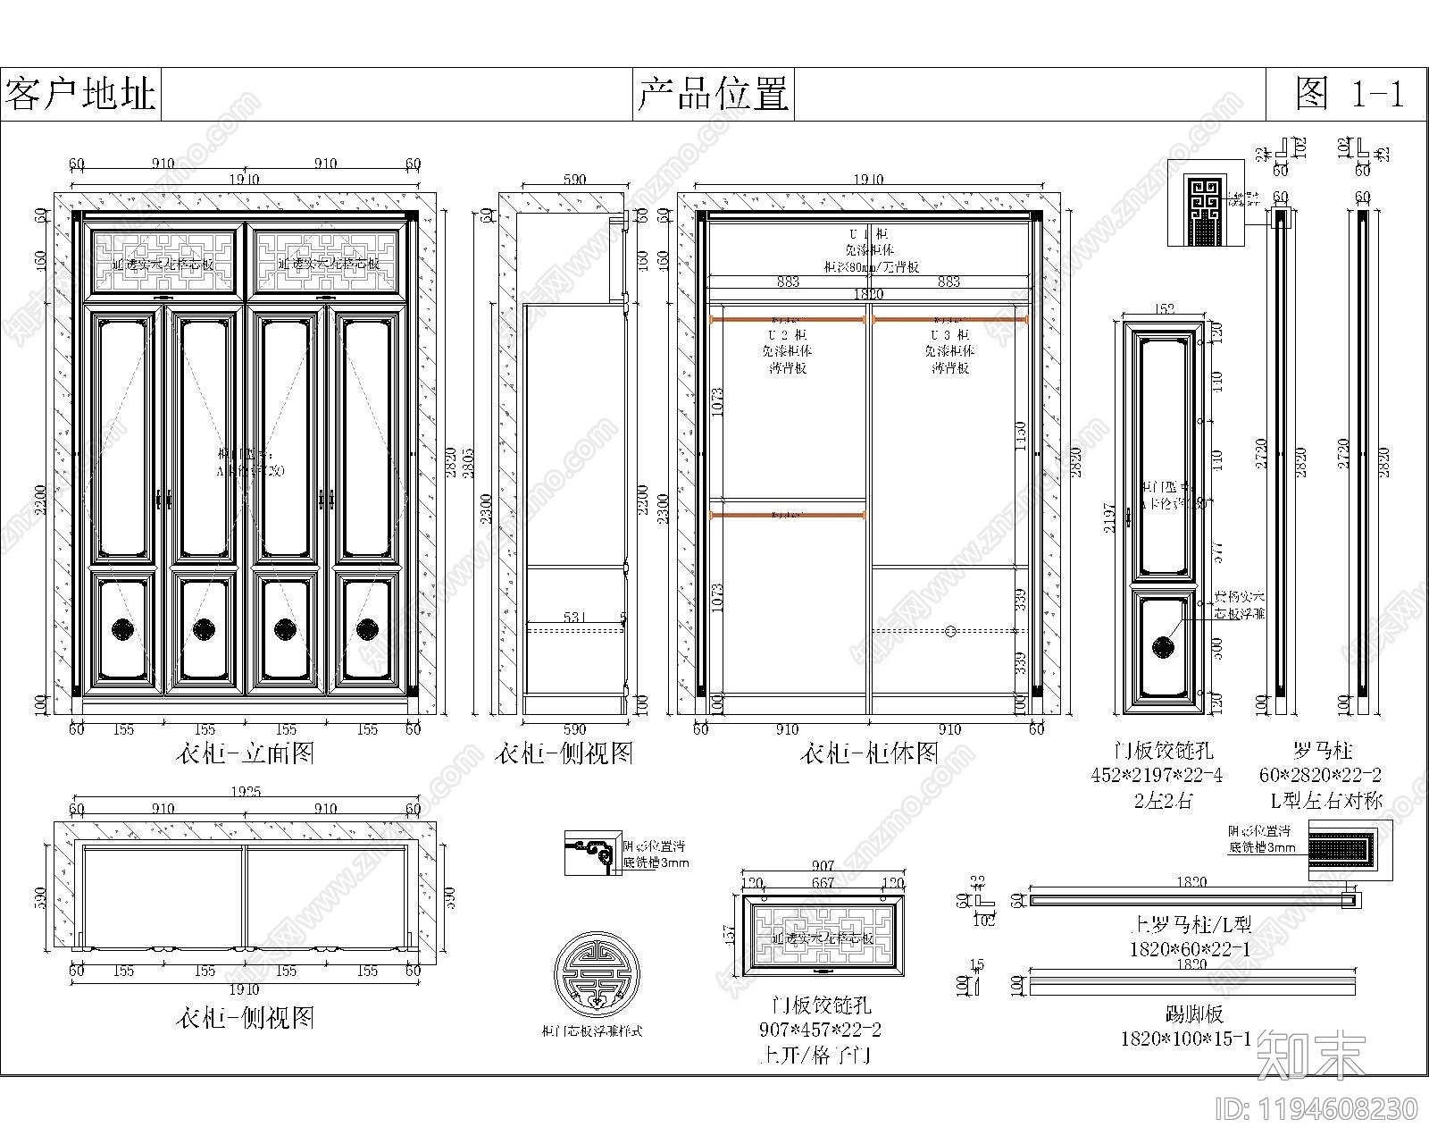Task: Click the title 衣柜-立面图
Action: [x=245, y=753]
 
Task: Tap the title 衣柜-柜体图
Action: [x=868, y=753]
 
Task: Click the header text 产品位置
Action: [x=713, y=93]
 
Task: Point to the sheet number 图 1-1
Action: [x=1349, y=93]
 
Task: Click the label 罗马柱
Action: [x=1320, y=751]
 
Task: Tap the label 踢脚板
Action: [x=1193, y=1014]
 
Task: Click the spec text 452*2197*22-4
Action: [x=1157, y=775]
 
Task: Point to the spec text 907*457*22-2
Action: [x=820, y=1030]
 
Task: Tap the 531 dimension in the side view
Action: [x=574, y=617]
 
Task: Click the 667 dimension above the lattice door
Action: [x=822, y=882]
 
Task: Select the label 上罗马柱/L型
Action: [x=1191, y=925]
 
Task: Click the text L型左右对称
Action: [x=1325, y=800]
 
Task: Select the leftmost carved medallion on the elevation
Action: [x=124, y=628]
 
